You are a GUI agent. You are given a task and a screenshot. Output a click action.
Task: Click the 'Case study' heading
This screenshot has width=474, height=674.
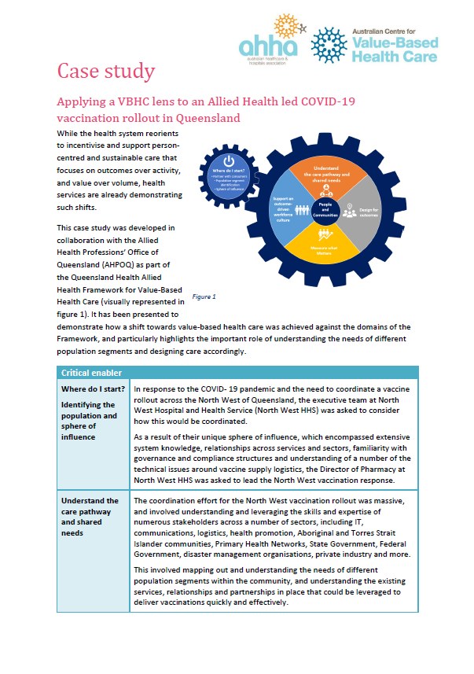105,72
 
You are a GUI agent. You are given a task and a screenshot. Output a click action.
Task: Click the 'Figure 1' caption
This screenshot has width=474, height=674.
204,296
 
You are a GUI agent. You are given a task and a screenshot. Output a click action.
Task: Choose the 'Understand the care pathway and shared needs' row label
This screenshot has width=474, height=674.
90,517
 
